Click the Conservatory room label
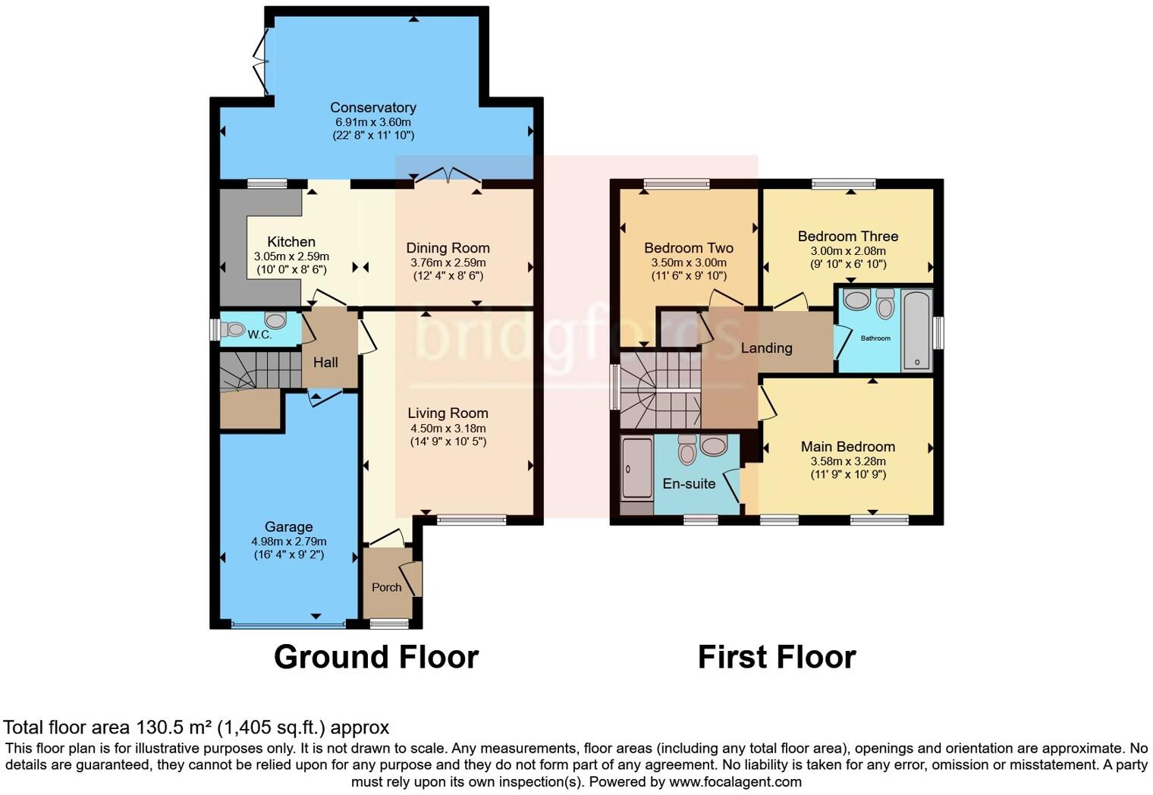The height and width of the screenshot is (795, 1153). (372, 108)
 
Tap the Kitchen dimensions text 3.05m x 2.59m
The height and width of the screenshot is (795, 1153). (291, 257)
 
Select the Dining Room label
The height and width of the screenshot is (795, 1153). (448, 248)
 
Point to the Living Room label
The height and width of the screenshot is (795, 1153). (448, 413)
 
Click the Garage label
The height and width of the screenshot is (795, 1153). (288, 527)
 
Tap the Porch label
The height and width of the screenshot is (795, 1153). (386, 587)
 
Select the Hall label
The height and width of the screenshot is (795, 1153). (325, 363)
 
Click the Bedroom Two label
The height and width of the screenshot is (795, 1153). (688, 248)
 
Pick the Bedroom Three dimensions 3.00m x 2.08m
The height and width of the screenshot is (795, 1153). (847, 251)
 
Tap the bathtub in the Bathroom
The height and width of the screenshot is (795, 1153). (916, 330)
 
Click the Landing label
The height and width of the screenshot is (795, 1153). (766, 348)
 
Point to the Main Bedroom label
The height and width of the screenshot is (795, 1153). (847, 447)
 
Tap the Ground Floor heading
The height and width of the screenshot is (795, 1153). (375, 657)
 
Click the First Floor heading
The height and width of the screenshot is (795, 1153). (776, 657)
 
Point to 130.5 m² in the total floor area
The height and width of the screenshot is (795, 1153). (174, 727)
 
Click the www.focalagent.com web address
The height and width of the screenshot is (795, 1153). (735, 781)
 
